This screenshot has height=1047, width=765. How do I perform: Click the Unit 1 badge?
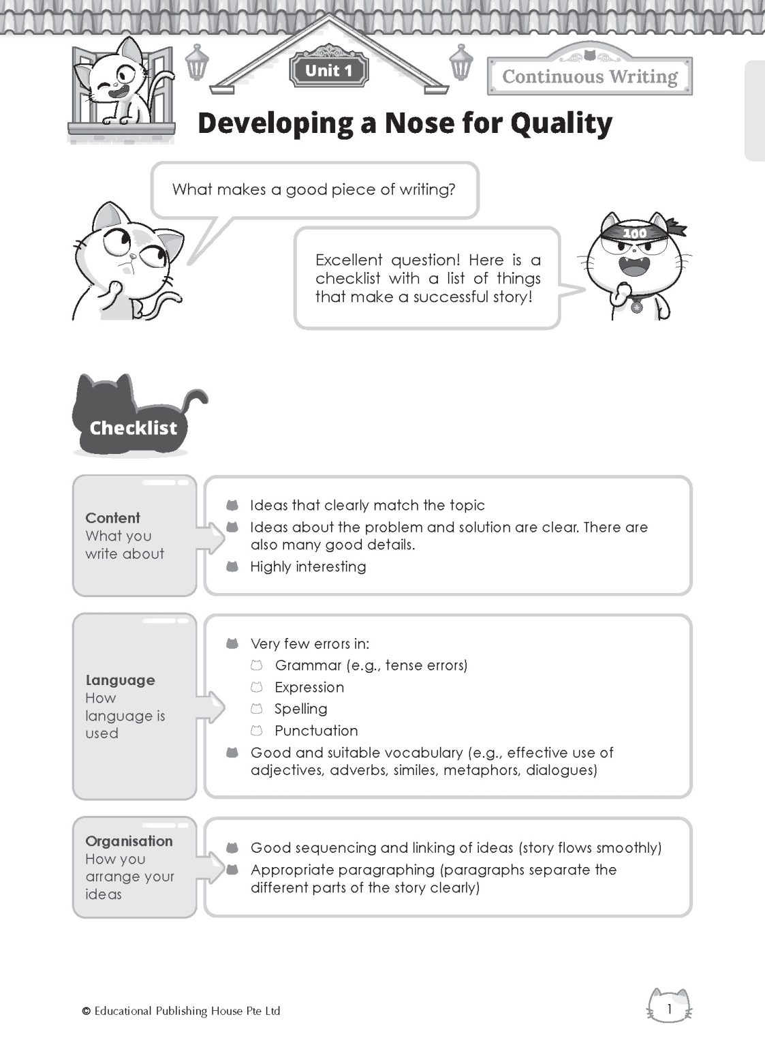pyautogui.click(x=329, y=71)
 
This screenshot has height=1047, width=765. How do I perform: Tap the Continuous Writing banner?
pyautogui.click(x=590, y=76)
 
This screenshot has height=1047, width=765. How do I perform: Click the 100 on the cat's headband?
pyautogui.click(x=635, y=233)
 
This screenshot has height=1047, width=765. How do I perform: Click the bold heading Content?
pyautogui.click(x=112, y=518)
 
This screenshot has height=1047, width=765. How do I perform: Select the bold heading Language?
pyautogui.click(x=120, y=680)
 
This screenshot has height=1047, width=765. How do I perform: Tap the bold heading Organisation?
pyautogui.click(x=129, y=841)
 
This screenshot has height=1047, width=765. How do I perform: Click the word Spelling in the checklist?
pyautogui.click(x=300, y=709)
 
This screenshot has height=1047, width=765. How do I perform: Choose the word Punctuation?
pyautogui.click(x=316, y=731)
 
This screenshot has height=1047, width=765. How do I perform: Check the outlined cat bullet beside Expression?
pyautogui.click(x=256, y=687)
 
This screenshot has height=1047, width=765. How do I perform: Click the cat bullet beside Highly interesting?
pyautogui.click(x=232, y=566)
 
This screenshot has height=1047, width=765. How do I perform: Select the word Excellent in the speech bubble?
pyautogui.click(x=349, y=260)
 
